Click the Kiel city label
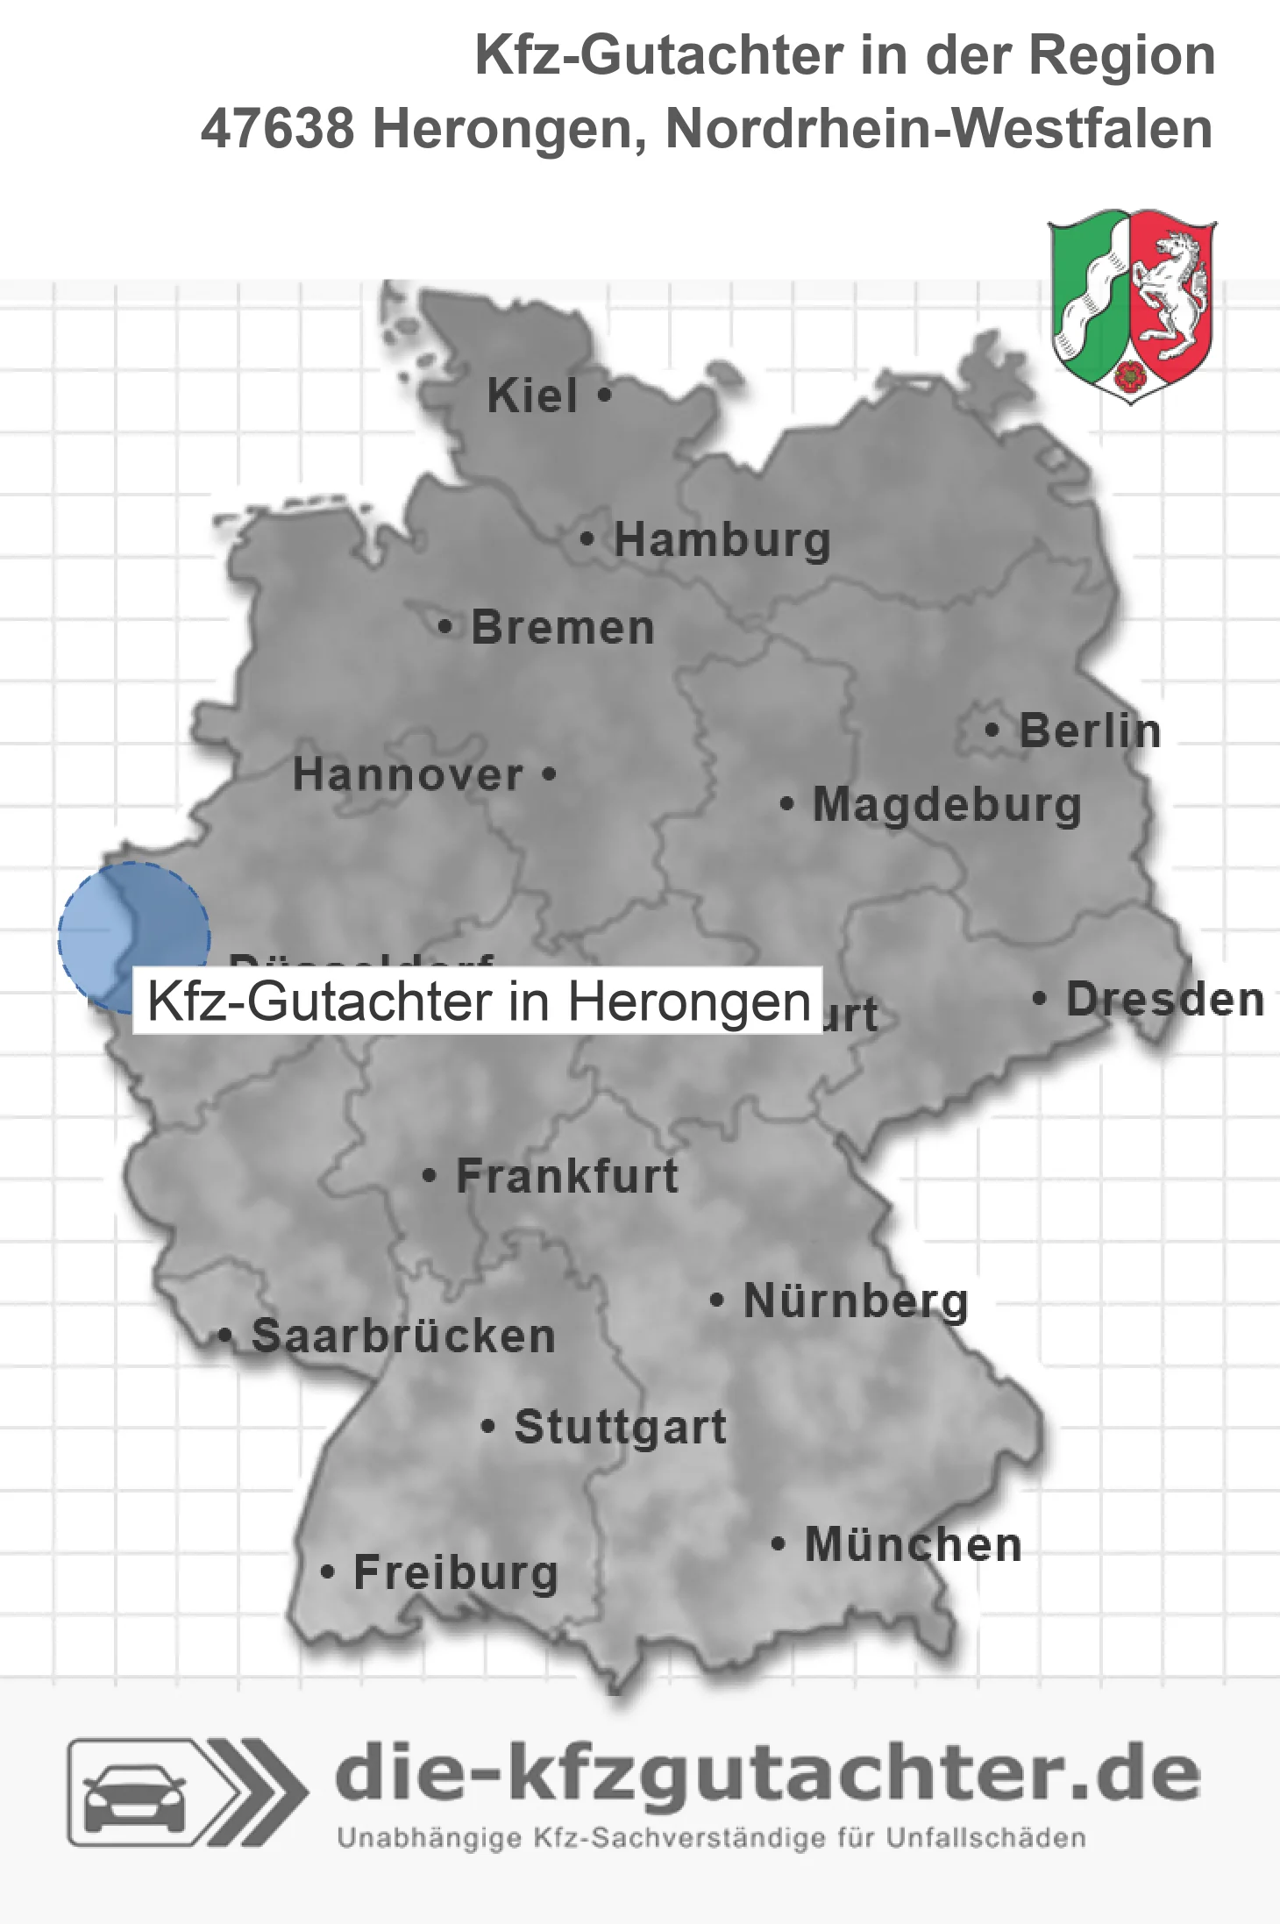click(532, 395)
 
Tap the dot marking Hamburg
click(587, 539)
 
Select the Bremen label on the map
click(563, 628)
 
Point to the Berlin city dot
click(992, 730)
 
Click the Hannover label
click(408, 775)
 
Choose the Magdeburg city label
click(947, 805)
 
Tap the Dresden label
click(1165, 1000)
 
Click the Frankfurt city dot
click(429, 1175)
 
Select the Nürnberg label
click(856, 1300)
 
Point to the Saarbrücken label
click(403, 1336)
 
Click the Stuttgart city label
click(621, 1427)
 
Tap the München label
click(914, 1544)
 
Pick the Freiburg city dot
click(327, 1572)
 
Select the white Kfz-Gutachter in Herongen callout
click(478, 1001)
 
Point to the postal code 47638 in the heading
click(277, 129)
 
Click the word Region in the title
click(1121, 55)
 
